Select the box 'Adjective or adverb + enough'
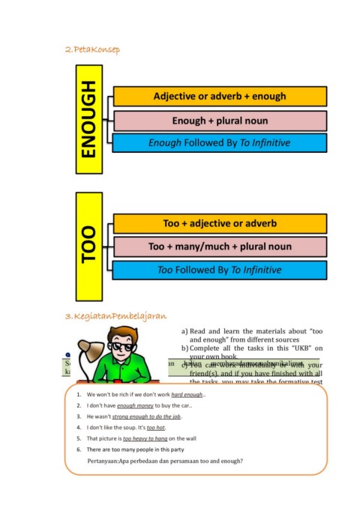coord(219,97)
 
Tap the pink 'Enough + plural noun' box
coord(219,120)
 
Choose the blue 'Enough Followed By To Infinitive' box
coord(219,142)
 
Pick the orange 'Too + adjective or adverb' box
coord(219,224)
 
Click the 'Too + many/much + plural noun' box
coord(219,247)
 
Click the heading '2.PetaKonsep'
coord(92,49)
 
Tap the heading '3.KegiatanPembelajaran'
coord(115,316)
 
